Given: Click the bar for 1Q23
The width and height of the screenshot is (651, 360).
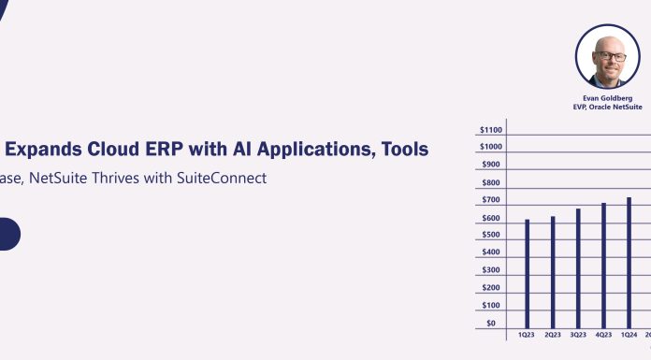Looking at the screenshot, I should pyautogui.click(x=528, y=273).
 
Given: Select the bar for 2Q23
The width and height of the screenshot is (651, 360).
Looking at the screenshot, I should pyautogui.click(x=553, y=271).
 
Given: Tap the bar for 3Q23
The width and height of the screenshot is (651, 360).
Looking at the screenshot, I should pyautogui.click(x=578, y=267).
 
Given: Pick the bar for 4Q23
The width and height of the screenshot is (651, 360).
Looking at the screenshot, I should pyautogui.click(x=604, y=265).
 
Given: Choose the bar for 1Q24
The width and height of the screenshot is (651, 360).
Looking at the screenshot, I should pyautogui.click(x=629, y=262).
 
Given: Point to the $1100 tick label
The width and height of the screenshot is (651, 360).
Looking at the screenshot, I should pyautogui.click(x=490, y=129).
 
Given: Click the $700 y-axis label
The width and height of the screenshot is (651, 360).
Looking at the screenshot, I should pyautogui.click(x=490, y=200).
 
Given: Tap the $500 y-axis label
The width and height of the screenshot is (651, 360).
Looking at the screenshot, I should pyautogui.click(x=490, y=235).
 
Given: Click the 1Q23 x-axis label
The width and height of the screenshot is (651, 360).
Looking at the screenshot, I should pyautogui.click(x=528, y=335).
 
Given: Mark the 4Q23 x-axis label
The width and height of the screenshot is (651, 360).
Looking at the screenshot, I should pyautogui.click(x=604, y=335).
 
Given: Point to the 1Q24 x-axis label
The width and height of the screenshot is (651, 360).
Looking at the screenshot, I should pyautogui.click(x=629, y=335).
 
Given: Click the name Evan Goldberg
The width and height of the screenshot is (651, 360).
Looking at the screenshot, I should pyautogui.click(x=607, y=96).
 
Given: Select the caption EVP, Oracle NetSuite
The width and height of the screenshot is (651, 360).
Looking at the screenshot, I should pyautogui.click(x=607, y=107).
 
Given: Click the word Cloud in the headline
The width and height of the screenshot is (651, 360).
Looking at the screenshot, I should pyautogui.click(x=114, y=149).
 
